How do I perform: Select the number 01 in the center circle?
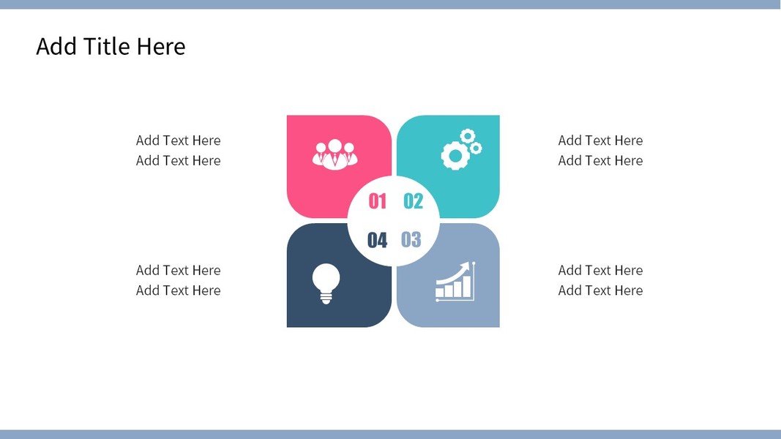point(377,201)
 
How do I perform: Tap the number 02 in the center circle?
point(413,201)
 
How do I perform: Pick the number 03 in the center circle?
point(411,239)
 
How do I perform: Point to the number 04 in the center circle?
point(377,241)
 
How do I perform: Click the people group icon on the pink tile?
point(335,154)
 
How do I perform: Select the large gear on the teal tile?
point(455,156)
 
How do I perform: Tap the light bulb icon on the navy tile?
point(326,283)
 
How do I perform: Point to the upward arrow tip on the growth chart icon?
point(468,264)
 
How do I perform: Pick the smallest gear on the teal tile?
point(477,148)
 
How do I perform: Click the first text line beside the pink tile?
point(179,140)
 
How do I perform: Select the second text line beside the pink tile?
point(179,161)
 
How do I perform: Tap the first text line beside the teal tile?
point(600,140)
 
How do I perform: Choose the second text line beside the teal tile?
point(600,161)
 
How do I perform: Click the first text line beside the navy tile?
point(179,270)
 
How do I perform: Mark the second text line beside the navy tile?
point(179,290)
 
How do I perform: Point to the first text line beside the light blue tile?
point(600,270)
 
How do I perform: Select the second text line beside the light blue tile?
point(600,290)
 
